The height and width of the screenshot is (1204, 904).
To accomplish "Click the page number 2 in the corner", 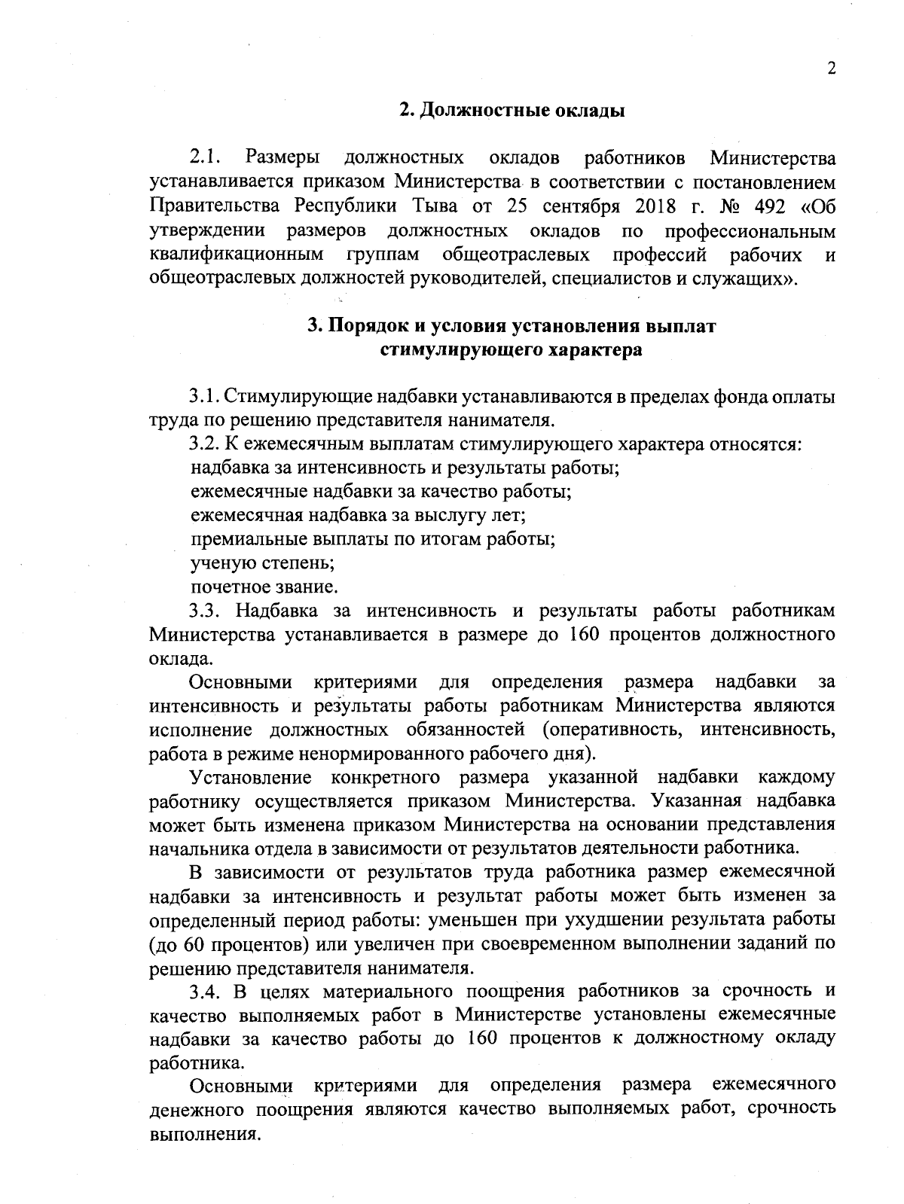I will [x=832, y=69].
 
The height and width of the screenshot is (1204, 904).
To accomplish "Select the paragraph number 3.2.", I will [x=204, y=444].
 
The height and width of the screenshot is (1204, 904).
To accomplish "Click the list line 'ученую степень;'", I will [x=262, y=562].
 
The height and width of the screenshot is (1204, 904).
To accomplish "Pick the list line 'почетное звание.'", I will [x=264, y=587].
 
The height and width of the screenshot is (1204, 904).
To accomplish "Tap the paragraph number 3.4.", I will [x=205, y=991].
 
